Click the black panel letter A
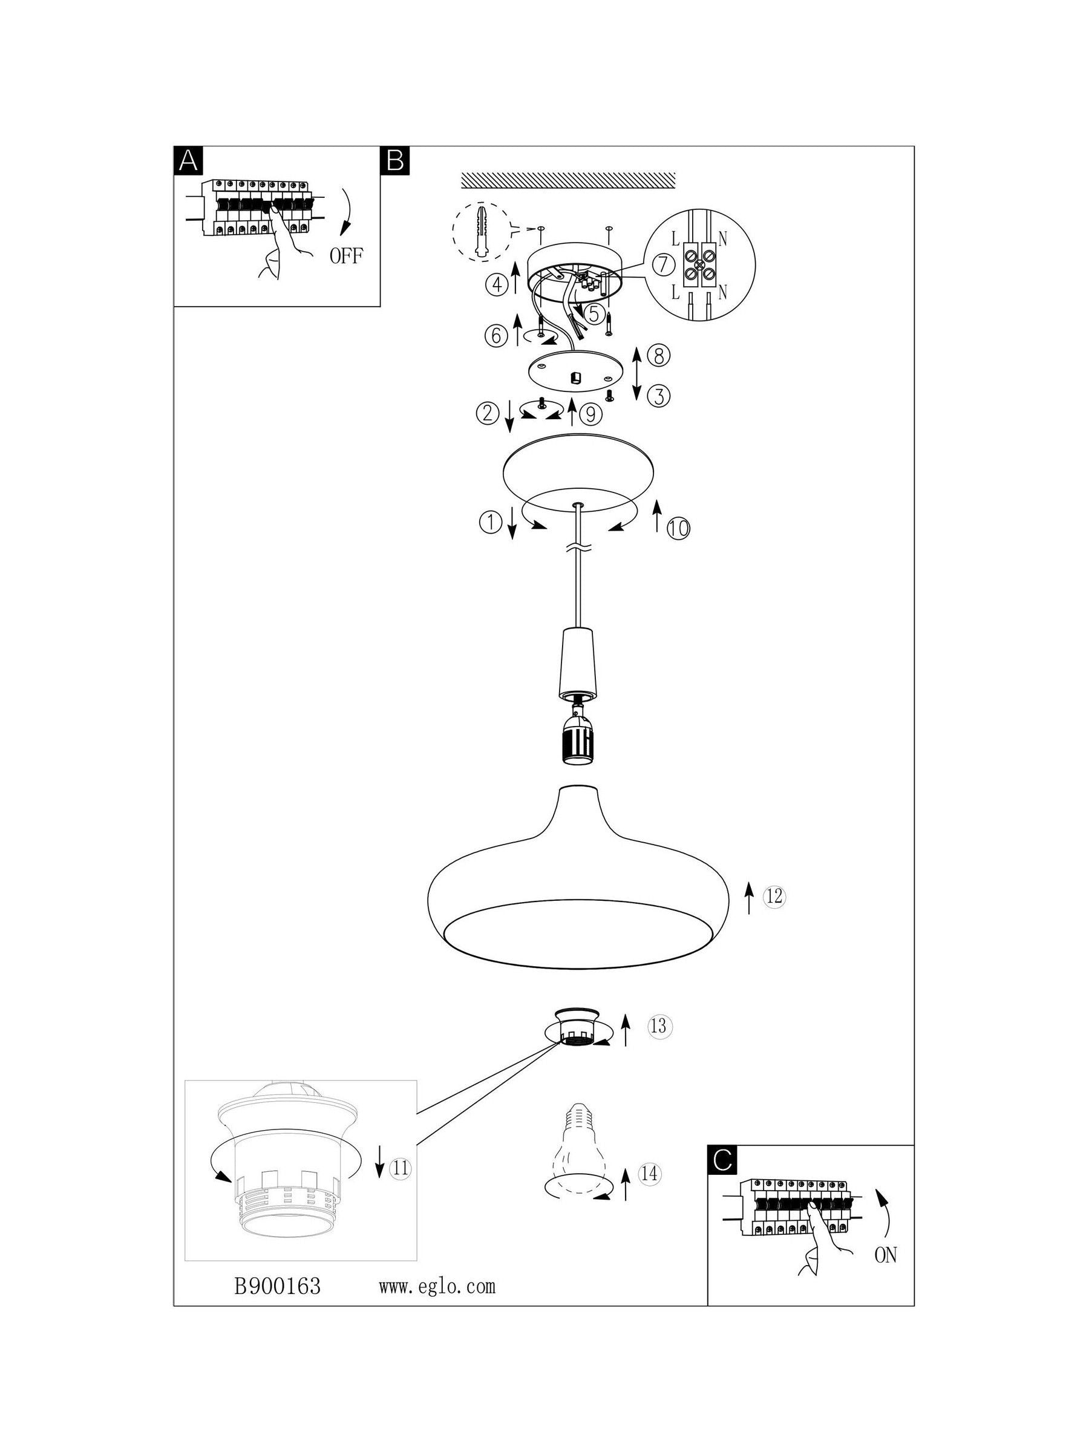coord(188,160)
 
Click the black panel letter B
coord(394,160)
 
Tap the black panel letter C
coord(722,1160)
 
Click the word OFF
coord(346,256)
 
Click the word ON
coord(886,1256)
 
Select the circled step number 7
coord(664,265)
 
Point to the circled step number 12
coord(774,896)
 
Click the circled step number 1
coord(490,523)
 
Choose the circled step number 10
coord(679,528)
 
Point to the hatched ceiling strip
coord(569,179)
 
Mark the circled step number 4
coord(497,284)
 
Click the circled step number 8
coord(658,356)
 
